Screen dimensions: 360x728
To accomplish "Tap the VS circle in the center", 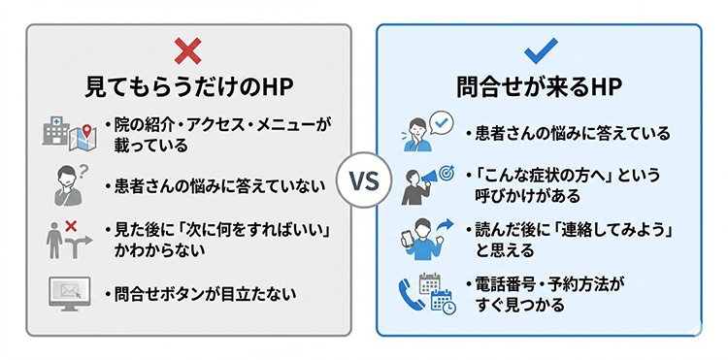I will (362, 180).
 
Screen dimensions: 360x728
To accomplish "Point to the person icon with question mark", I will (68, 182).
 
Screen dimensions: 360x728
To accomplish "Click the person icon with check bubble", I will (425, 133).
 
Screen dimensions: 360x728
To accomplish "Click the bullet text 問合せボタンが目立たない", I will (206, 293).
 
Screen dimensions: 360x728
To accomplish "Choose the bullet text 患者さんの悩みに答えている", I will (567, 133).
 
